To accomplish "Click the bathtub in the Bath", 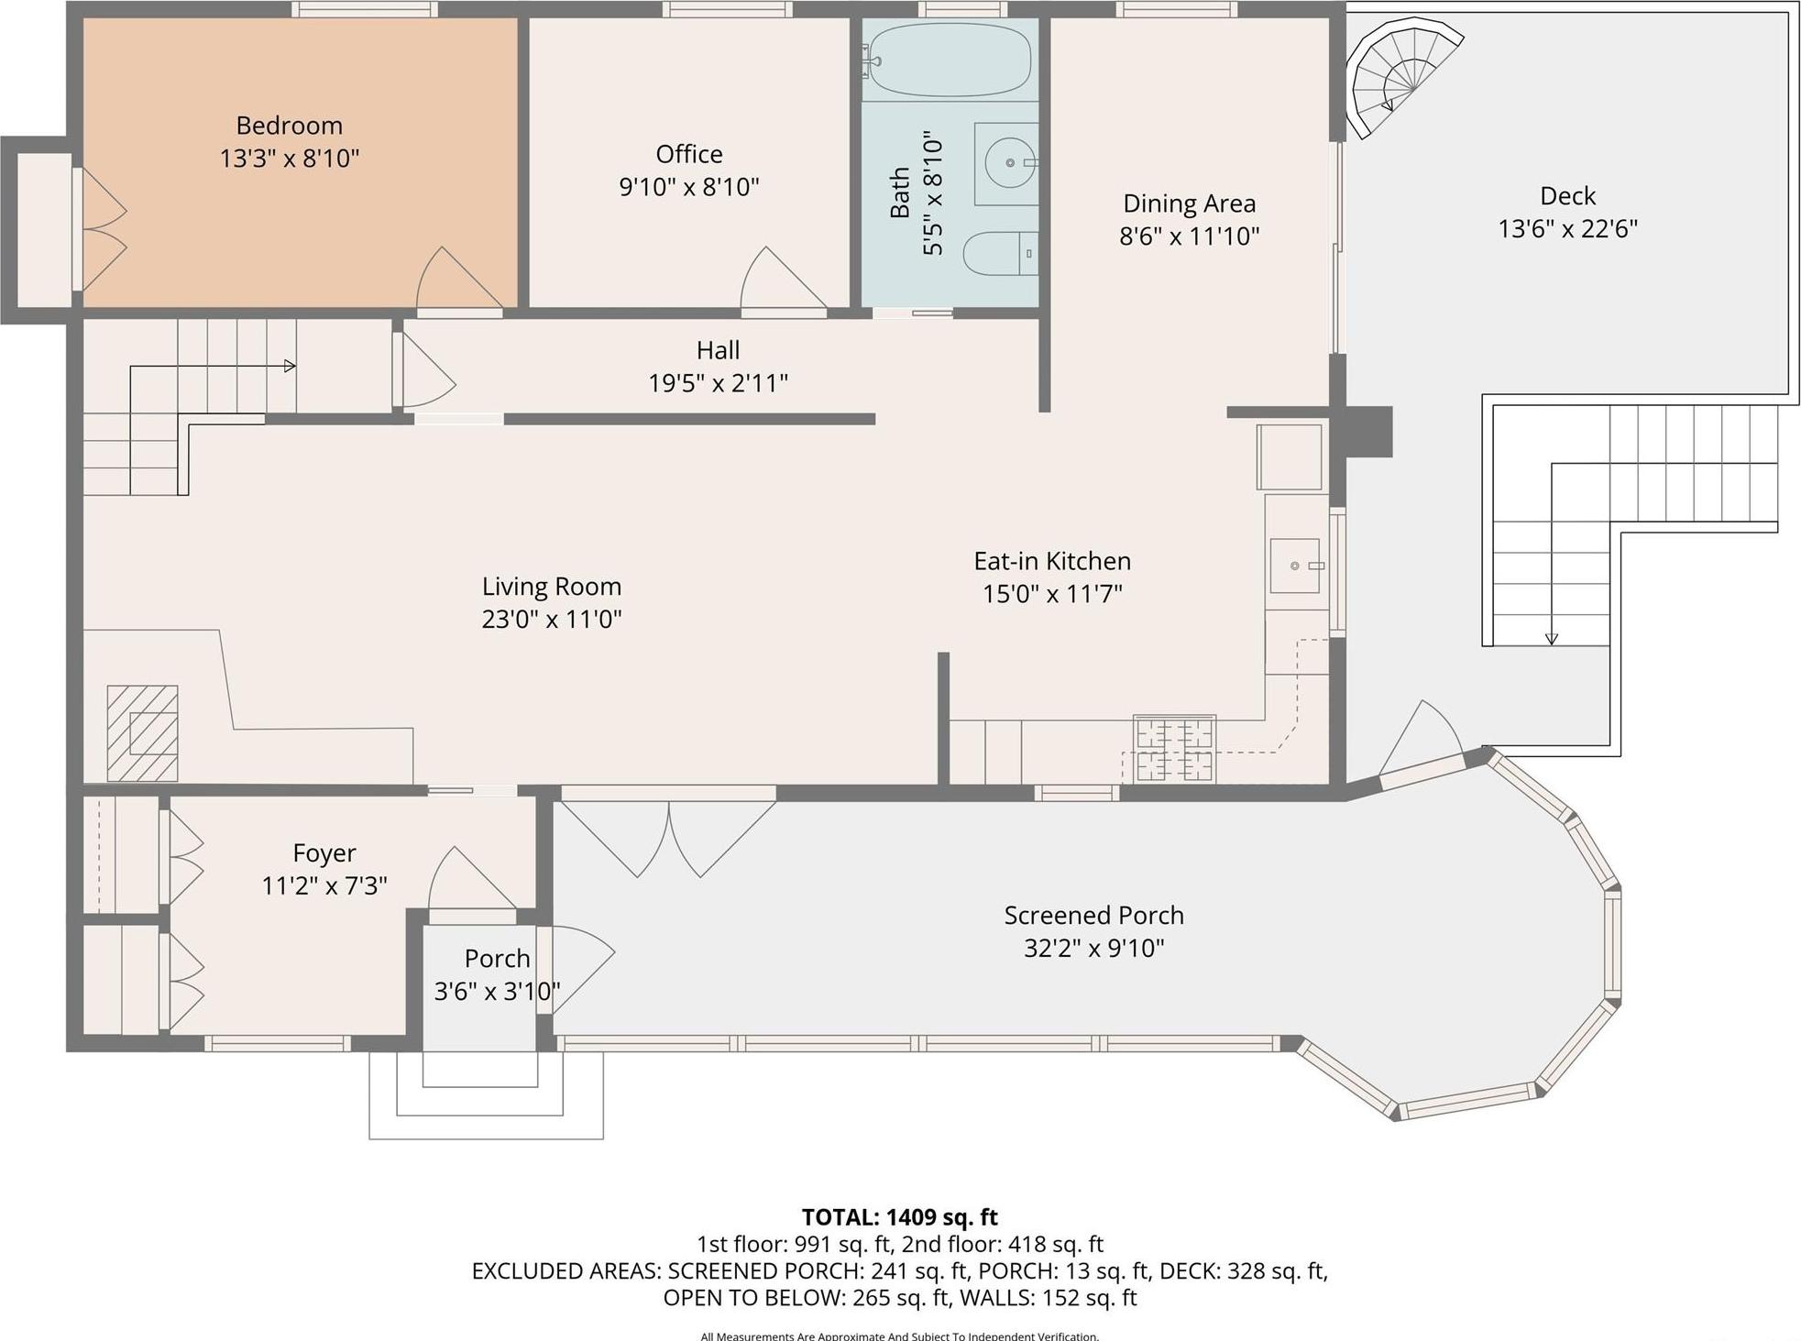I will (x=949, y=60).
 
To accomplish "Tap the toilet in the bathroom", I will (x=999, y=253).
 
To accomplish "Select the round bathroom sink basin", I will (x=1009, y=163).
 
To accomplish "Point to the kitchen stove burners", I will (x=1174, y=750).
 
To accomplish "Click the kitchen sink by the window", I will (x=1294, y=566).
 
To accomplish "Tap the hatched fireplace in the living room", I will (x=142, y=733).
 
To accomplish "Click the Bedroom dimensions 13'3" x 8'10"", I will (x=289, y=159).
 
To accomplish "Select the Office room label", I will (x=688, y=154).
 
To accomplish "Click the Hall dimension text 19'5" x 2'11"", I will (x=718, y=383).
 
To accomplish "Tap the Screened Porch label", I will (x=1093, y=915).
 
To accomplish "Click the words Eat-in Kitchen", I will (x=1051, y=561).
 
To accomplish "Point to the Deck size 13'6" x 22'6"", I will (x=1566, y=228).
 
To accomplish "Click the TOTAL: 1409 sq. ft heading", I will (x=899, y=1217).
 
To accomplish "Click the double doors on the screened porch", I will (x=669, y=836).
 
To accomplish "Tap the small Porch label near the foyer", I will (x=497, y=958).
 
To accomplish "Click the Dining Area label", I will (x=1189, y=203).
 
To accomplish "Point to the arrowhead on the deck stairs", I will (x=1551, y=639).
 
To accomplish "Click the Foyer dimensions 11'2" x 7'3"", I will (x=324, y=885).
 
